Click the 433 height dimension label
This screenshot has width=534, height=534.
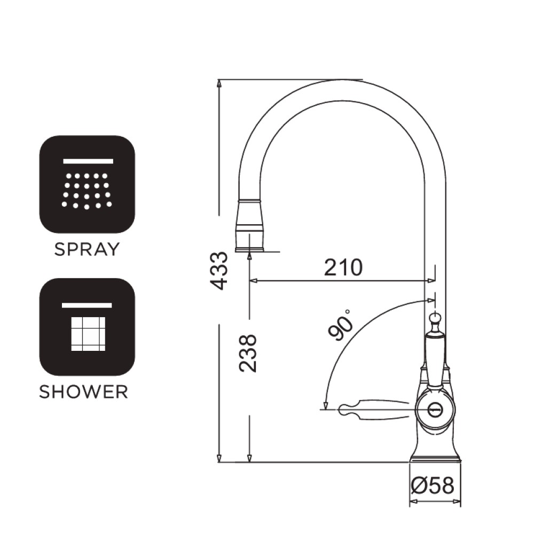click(x=218, y=271)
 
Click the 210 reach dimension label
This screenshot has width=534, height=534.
click(x=343, y=268)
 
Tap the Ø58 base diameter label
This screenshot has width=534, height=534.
click(x=433, y=485)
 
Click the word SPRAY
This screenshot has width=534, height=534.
click(x=87, y=249)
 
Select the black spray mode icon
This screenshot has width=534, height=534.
click(x=87, y=184)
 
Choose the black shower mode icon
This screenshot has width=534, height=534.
click(x=87, y=327)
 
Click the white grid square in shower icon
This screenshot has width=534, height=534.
click(x=88, y=334)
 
